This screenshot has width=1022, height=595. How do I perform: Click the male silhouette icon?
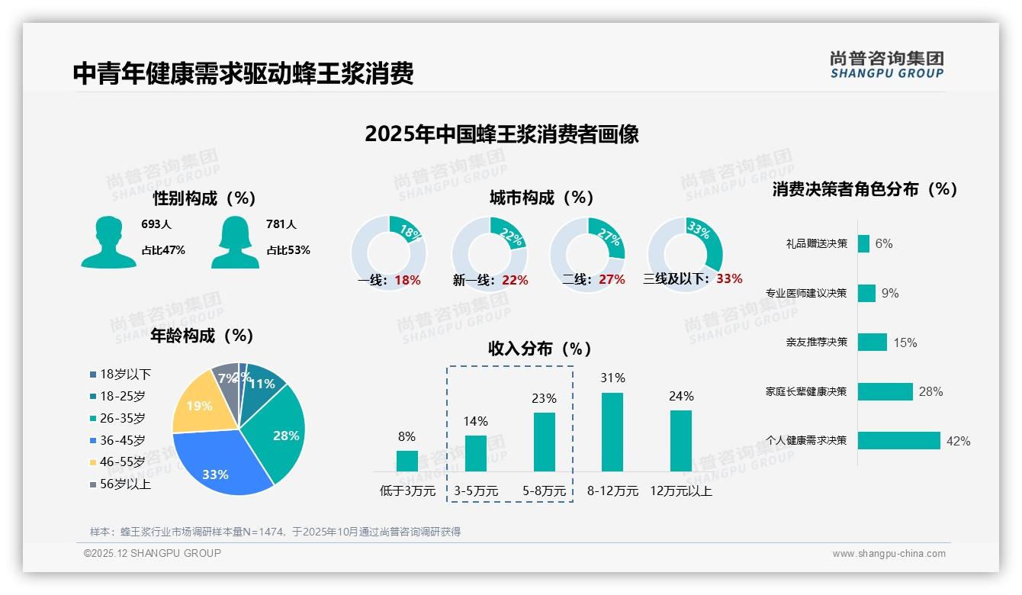pyautogui.click(x=109, y=242)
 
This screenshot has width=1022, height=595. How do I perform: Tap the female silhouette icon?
pyautogui.click(x=235, y=242)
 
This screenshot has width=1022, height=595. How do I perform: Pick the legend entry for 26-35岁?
pyautogui.click(x=117, y=418)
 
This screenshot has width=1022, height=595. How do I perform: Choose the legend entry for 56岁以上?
pyautogui.click(x=121, y=484)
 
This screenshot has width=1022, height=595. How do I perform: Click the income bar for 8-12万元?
pyautogui.click(x=612, y=432)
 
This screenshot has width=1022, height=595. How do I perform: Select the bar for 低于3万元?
pyautogui.click(x=407, y=461)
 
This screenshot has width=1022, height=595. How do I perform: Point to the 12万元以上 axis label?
pyautogui.click(x=681, y=490)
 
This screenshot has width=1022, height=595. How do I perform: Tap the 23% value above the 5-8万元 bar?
pyautogui.click(x=545, y=398)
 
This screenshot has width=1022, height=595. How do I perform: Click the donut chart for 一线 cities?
pyautogui.click(x=388, y=253)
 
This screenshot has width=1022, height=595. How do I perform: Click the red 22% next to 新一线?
pyautogui.click(x=515, y=280)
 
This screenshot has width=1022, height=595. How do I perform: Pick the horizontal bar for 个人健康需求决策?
pyautogui.click(x=899, y=441)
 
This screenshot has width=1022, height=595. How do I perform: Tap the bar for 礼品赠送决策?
pyautogui.click(x=863, y=243)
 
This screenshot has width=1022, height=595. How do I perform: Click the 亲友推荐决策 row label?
pyautogui.click(x=816, y=343)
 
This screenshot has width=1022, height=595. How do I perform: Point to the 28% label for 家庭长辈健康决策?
pyautogui.click(x=930, y=391)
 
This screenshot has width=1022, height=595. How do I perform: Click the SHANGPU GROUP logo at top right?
pyautogui.click(x=886, y=64)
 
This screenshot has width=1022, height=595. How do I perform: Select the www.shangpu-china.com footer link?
pyautogui.click(x=889, y=554)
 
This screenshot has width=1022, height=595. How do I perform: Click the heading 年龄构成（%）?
pyautogui.click(x=201, y=336)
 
